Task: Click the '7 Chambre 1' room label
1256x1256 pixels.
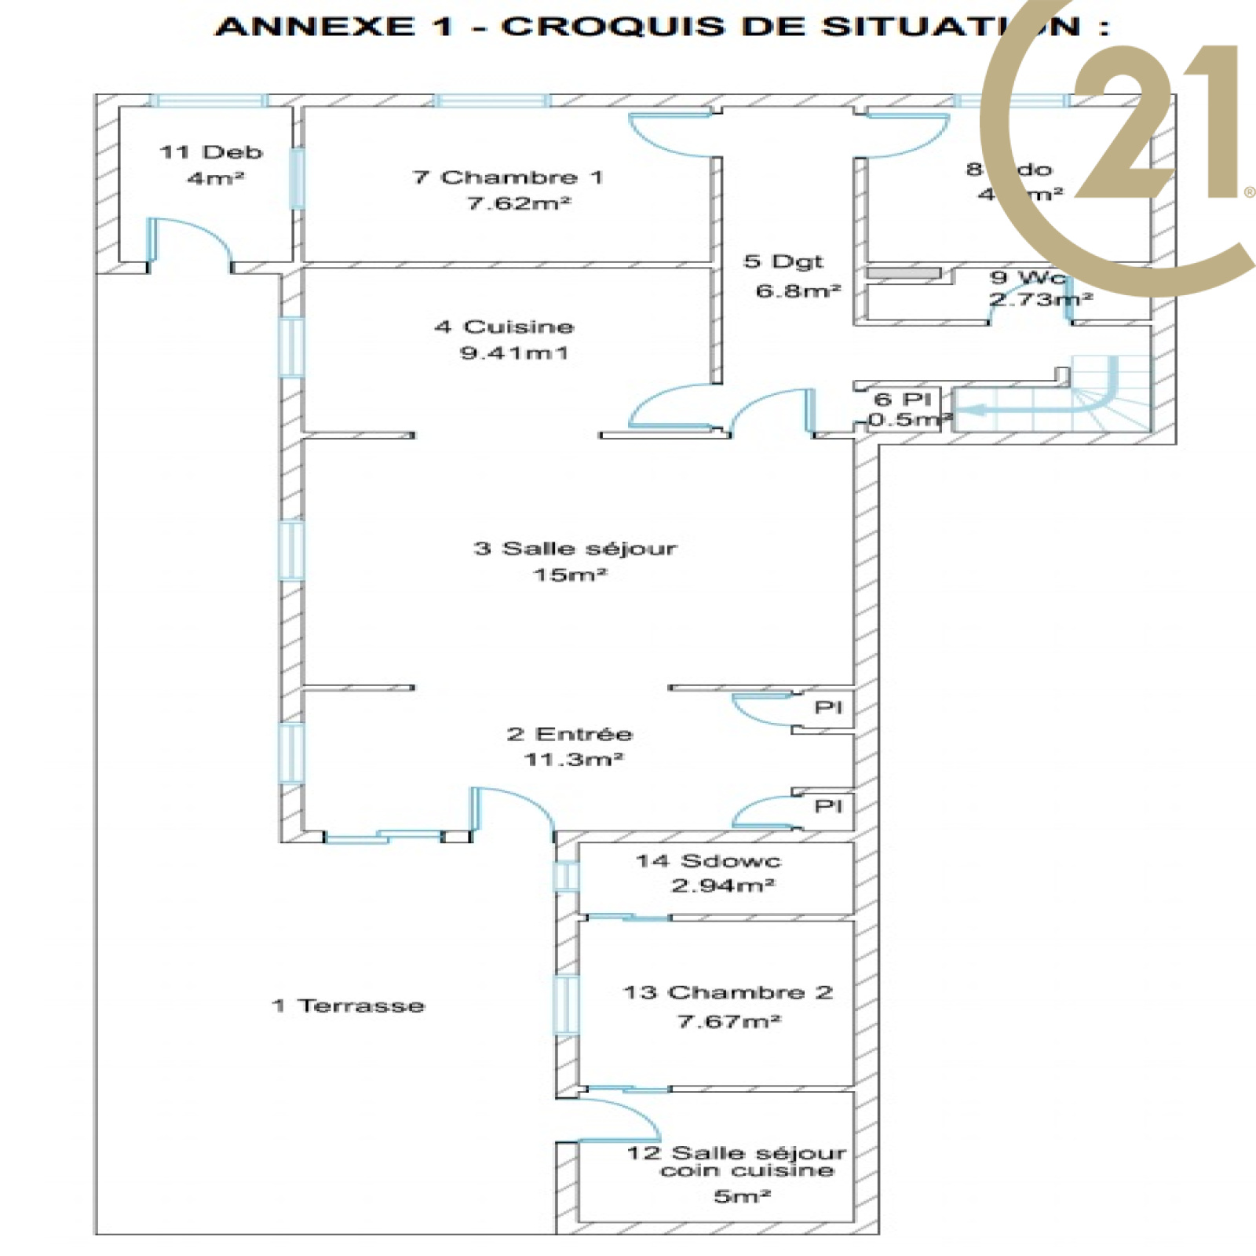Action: [x=508, y=177]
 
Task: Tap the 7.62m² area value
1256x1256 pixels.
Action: [x=519, y=203]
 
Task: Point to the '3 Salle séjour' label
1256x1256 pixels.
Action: [x=575, y=548]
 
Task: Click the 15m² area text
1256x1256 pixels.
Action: [x=570, y=575]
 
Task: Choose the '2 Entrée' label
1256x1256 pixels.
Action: [x=570, y=734]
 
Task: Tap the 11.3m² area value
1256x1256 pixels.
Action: [x=573, y=759]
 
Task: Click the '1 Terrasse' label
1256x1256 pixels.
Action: [x=348, y=1006]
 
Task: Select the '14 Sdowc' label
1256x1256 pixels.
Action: [x=708, y=861]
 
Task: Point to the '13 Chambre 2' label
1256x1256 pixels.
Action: [x=728, y=992]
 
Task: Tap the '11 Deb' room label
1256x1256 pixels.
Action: [x=210, y=152]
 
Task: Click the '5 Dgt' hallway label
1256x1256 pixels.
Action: [x=783, y=261]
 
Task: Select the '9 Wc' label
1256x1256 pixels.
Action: [x=1028, y=277]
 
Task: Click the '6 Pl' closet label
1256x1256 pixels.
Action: [x=903, y=399]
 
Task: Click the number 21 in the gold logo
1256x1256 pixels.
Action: [x=1154, y=126]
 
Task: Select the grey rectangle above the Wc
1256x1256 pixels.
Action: [x=904, y=273]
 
